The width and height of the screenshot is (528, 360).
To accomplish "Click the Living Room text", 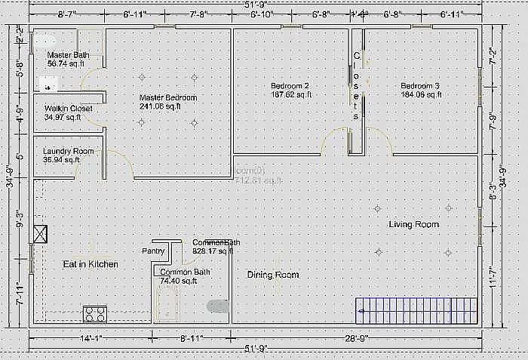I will coord(413,224).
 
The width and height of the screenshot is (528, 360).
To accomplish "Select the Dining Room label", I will coord(273,275).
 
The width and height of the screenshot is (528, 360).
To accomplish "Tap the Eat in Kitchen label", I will coord(90,264).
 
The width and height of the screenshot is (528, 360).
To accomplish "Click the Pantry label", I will coord(153,251).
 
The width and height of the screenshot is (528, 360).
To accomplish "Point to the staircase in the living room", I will coord(417,308).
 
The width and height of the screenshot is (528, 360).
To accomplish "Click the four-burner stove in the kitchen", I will coord(97,312).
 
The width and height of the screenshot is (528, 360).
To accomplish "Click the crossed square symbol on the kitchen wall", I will coord(40,234).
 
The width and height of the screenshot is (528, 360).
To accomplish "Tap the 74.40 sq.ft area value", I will coord(178,281).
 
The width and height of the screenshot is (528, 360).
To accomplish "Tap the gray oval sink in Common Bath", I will coord(217,306).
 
